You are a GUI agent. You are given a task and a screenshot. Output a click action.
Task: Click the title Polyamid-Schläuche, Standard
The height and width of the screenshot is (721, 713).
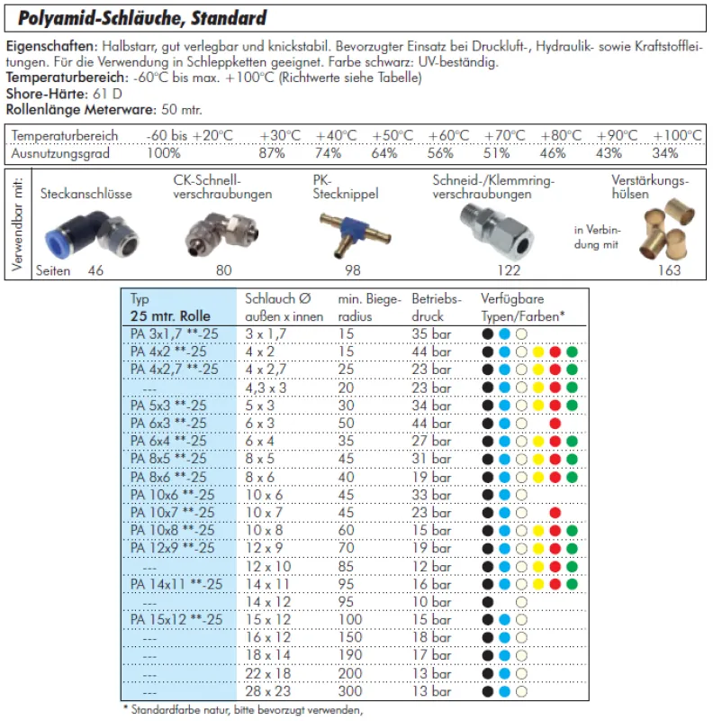point(141,18)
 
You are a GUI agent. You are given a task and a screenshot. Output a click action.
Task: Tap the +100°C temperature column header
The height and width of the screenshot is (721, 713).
point(676,135)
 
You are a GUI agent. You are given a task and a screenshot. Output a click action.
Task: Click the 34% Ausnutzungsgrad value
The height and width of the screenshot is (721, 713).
point(666,152)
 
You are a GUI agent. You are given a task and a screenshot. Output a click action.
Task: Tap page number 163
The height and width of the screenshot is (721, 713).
point(669,270)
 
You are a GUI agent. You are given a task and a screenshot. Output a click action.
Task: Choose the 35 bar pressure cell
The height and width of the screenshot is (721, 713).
point(430,334)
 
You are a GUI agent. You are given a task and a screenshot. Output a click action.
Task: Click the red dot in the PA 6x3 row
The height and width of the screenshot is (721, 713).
point(555,424)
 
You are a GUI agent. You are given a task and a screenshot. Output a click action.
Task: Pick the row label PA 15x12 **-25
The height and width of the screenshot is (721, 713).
point(176,620)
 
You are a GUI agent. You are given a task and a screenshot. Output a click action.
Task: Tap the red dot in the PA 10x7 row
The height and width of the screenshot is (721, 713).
point(555,513)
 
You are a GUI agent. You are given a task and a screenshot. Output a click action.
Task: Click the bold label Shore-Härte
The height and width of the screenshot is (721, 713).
point(41,94)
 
